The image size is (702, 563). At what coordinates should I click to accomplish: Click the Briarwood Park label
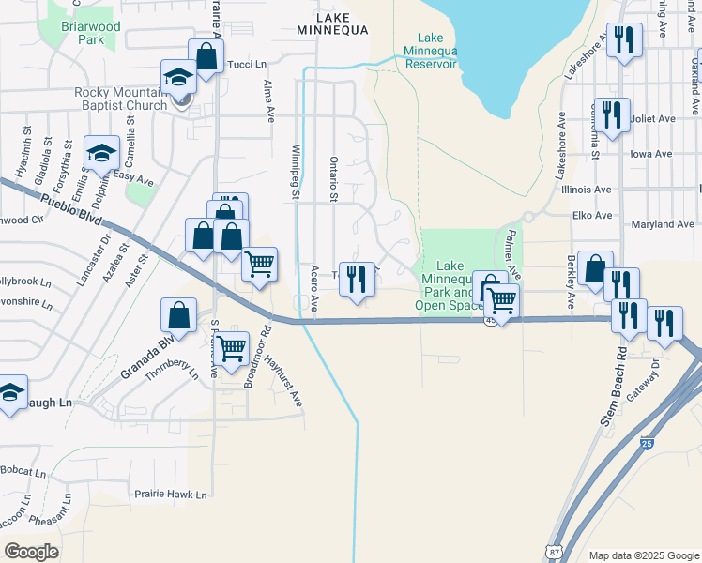pyautogui.click(x=90, y=33)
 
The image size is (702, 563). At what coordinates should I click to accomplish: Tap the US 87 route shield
pyautogui.click(x=557, y=551)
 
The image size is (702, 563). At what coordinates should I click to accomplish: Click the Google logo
pyautogui.click(x=32, y=551)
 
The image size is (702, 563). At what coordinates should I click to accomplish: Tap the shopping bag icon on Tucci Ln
pyautogui.click(x=206, y=57)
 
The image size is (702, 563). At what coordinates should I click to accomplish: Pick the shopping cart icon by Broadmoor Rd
pyautogui.click(x=231, y=349)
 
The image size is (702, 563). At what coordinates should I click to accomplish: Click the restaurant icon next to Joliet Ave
pyautogui.click(x=611, y=115)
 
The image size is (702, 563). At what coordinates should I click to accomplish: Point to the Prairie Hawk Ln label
pyautogui.click(x=170, y=494)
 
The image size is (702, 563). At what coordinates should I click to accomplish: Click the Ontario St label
pyautogui.click(x=333, y=178)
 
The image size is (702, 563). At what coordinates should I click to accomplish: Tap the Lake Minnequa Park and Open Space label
pyautogui.click(x=448, y=285)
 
